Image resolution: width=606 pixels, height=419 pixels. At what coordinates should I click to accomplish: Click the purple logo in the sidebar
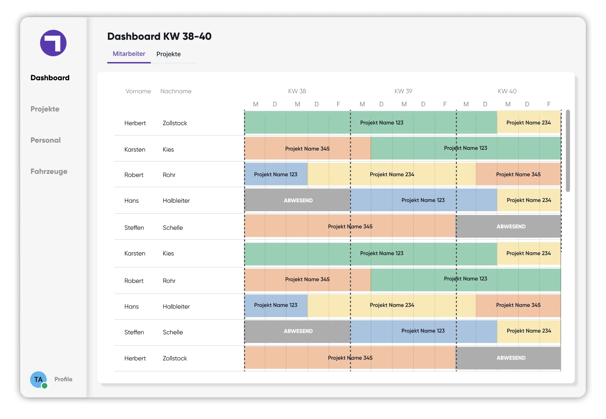tap(53, 43)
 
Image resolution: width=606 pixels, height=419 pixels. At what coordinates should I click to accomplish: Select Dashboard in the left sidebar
tap(50, 78)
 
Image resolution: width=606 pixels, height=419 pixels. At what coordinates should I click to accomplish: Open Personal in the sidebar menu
tap(46, 140)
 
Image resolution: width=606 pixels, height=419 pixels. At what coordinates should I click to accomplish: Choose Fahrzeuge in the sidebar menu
tap(49, 171)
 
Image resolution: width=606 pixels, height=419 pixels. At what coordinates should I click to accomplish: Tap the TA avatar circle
tap(38, 380)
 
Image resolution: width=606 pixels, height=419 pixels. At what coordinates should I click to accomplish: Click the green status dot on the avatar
tap(45, 386)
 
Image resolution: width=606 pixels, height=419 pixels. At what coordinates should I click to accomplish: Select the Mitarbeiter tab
tap(129, 54)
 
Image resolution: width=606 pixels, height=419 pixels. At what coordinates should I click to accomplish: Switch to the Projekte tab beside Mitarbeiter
tap(169, 54)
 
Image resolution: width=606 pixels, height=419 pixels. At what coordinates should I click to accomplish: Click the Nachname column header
tap(176, 91)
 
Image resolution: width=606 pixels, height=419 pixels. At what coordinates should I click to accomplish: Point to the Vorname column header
tap(138, 91)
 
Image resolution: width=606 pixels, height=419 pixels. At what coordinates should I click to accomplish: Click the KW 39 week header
tap(403, 91)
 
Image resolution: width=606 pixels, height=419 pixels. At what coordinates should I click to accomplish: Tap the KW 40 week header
tap(507, 91)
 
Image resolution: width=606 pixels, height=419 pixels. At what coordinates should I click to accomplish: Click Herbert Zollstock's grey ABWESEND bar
tap(509, 358)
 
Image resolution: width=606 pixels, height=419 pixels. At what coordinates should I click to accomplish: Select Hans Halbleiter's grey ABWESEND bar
tap(298, 200)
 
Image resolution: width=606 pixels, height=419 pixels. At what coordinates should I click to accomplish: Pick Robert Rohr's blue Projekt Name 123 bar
tap(276, 174)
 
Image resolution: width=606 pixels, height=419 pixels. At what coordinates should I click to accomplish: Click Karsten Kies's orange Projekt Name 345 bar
tap(308, 148)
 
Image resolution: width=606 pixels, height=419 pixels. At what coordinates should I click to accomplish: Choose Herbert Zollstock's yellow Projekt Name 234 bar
tap(529, 122)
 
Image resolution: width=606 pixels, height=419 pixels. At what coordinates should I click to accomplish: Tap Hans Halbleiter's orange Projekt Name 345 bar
tap(518, 305)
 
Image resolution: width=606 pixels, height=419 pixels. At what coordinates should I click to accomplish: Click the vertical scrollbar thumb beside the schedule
tap(568, 151)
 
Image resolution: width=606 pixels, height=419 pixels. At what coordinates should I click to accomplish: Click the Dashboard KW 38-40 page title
tap(159, 36)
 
